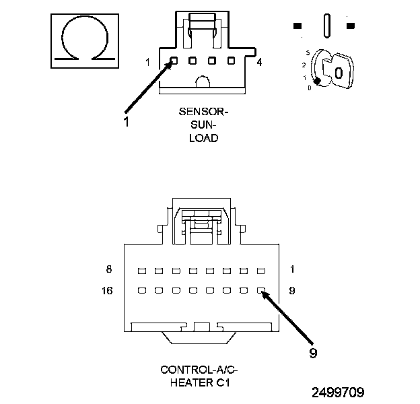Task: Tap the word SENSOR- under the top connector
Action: tap(203, 112)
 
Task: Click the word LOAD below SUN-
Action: tap(203, 138)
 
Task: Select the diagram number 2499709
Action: tap(338, 393)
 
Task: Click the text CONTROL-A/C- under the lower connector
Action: tap(199, 370)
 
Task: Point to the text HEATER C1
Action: tap(200, 383)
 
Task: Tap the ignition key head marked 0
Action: tap(338, 71)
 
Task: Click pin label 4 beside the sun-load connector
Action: tap(259, 63)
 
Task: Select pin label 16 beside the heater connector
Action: tap(107, 291)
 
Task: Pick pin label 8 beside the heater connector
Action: tap(109, 269)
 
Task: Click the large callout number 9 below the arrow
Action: tap(313, 353)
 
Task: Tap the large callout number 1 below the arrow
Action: tap(126, 122)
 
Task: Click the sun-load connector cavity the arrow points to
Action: tap(174, 61)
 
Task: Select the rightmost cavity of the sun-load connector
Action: tap(231, 61)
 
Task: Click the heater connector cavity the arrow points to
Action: tap(261, 290)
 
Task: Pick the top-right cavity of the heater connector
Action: tap(261, 271)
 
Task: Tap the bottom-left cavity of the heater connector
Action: tap(142, 290)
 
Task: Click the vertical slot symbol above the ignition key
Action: tap(327, 26)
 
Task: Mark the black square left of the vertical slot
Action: tap(297, 26)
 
